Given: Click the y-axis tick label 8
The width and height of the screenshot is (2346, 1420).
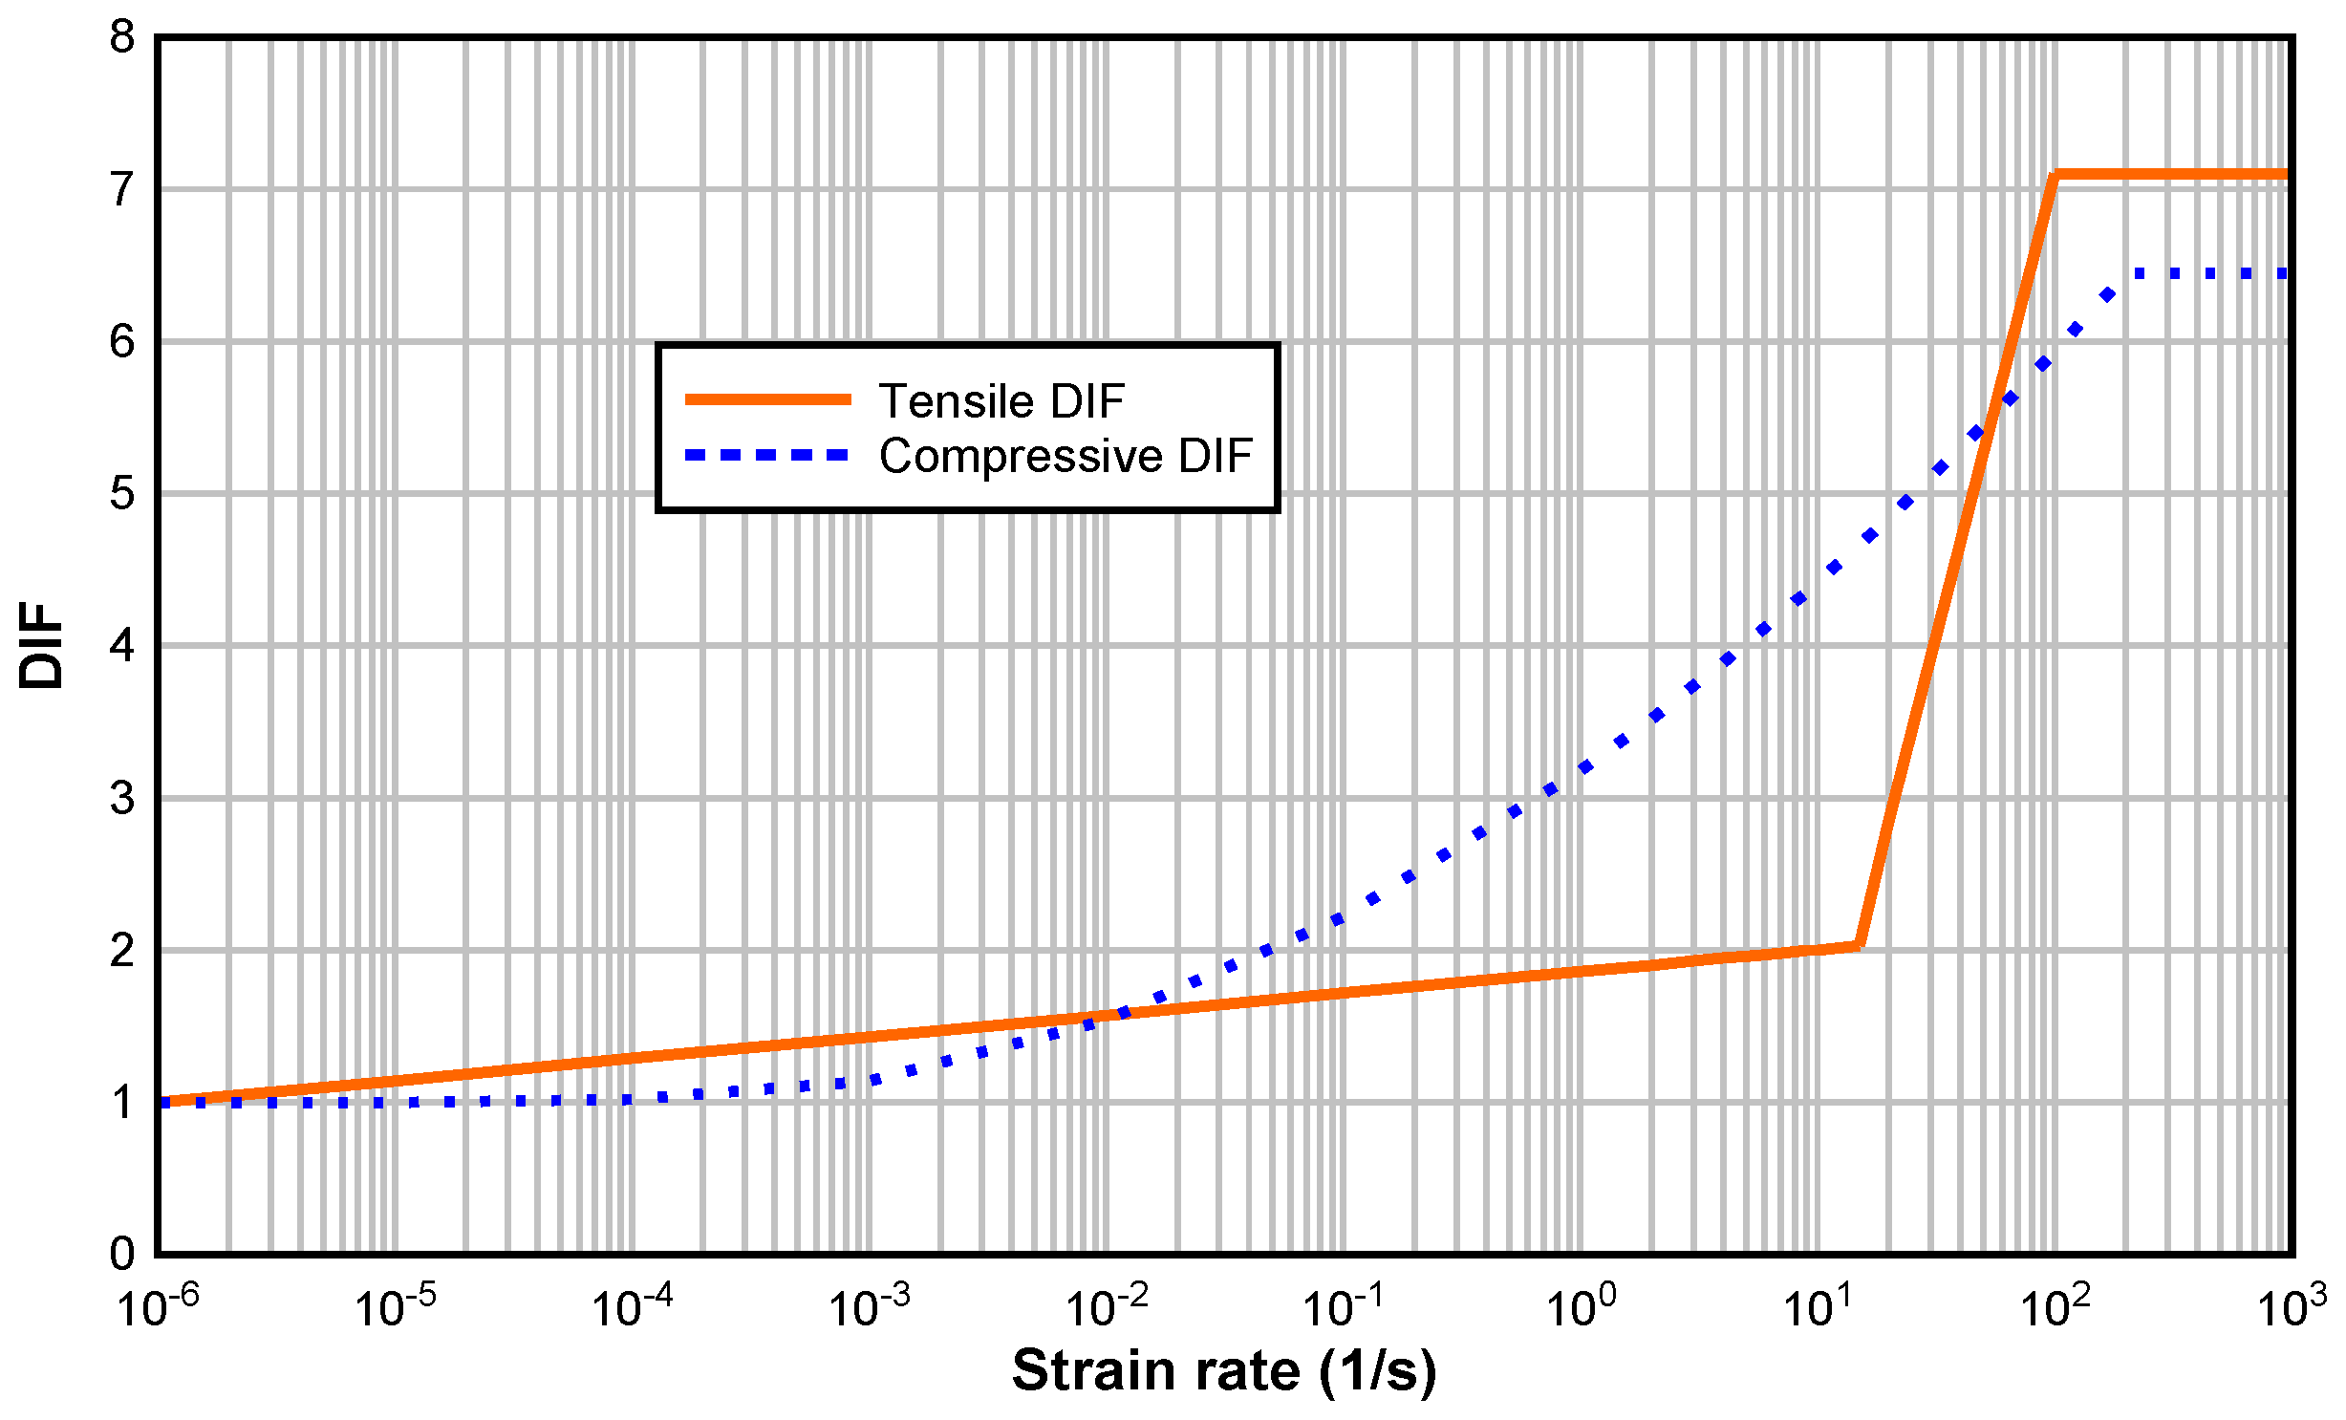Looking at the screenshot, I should coord(122,39).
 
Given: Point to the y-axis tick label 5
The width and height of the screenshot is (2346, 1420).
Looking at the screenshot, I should coord(122,495).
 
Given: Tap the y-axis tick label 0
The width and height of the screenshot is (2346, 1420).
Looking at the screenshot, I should coord(122,1254).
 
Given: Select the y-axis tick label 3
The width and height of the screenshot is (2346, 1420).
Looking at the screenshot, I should coord(122,799).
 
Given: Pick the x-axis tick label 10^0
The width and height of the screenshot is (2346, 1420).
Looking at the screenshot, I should coord(1581,1307).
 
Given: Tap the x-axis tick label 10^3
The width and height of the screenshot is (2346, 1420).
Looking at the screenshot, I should coord(2292,1307).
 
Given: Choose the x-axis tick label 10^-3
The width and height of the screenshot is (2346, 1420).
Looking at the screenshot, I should coord(869,1307).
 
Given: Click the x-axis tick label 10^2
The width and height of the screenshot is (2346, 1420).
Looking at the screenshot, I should coord(2055,1307).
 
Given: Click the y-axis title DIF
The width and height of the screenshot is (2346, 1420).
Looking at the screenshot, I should coord(41,645).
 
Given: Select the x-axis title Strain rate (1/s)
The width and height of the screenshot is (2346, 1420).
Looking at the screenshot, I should coord(1224,1371).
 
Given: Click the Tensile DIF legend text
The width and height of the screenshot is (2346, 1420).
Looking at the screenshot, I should coord(1001,400).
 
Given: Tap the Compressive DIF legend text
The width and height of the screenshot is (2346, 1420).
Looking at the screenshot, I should coord(1065,456).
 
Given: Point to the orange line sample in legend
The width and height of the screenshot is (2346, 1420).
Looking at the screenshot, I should coord(768,399).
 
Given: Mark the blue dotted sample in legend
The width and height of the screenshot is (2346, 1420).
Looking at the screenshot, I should coord(768,456).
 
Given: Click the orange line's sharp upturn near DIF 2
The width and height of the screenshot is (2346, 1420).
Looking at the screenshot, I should coord(1858,945).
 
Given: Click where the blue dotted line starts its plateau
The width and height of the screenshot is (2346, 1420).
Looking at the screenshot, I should coord(2139,274).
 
